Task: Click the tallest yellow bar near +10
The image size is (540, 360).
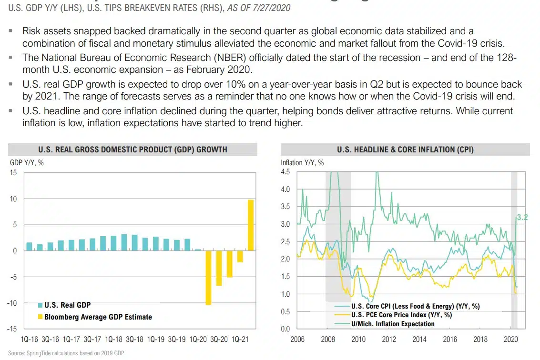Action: point(250,225)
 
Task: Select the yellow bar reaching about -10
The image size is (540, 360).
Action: point(208,277)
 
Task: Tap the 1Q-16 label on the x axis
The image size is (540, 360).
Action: point(30,340)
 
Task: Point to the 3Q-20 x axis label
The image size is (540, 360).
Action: point(219,340)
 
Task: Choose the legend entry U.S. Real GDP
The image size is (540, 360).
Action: point(67,305)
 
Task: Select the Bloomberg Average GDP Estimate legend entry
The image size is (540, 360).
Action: point(98,317)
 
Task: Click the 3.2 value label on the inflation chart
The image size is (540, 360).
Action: point(522,218)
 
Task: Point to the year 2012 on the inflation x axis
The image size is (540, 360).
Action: point(389,340)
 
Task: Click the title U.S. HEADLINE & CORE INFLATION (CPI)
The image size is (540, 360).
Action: point(405,150)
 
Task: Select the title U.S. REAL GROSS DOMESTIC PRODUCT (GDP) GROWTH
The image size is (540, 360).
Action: point(132,150)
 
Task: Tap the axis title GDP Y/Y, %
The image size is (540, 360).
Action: point(27,162)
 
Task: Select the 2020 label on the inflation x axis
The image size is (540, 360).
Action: point(510,340)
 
